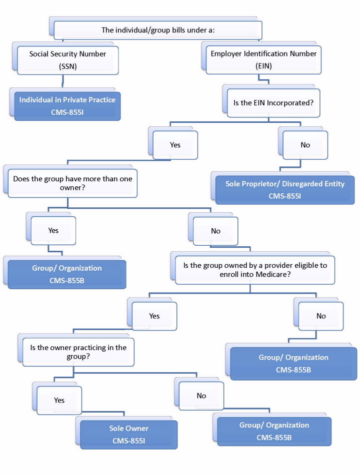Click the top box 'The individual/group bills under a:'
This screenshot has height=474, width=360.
click(x=157, y=30)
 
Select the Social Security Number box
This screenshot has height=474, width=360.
click(x=67, y=59)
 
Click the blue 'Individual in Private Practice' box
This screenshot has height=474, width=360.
click(x=67, y=104)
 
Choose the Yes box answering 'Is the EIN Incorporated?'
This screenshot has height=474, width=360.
click(x=175, y=145)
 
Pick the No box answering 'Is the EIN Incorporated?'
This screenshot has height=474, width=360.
click(x=305, y=145)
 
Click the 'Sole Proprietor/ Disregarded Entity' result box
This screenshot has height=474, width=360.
click(x=284, y=189)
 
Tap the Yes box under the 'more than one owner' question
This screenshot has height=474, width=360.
click(x=53, y=231)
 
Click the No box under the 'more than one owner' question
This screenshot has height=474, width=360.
click(x=215, y=231)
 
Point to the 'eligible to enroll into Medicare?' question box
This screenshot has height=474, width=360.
click(x=255, y=270)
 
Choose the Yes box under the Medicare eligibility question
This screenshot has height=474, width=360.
click(x=154, y=316)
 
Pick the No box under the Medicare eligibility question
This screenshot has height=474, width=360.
click(x=321, y=316)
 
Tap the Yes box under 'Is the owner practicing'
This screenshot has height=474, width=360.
click(x=59, y=400)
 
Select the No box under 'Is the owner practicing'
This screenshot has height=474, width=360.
click(x=201, y=396)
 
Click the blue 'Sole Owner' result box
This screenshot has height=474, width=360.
click(x=128, y=434)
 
